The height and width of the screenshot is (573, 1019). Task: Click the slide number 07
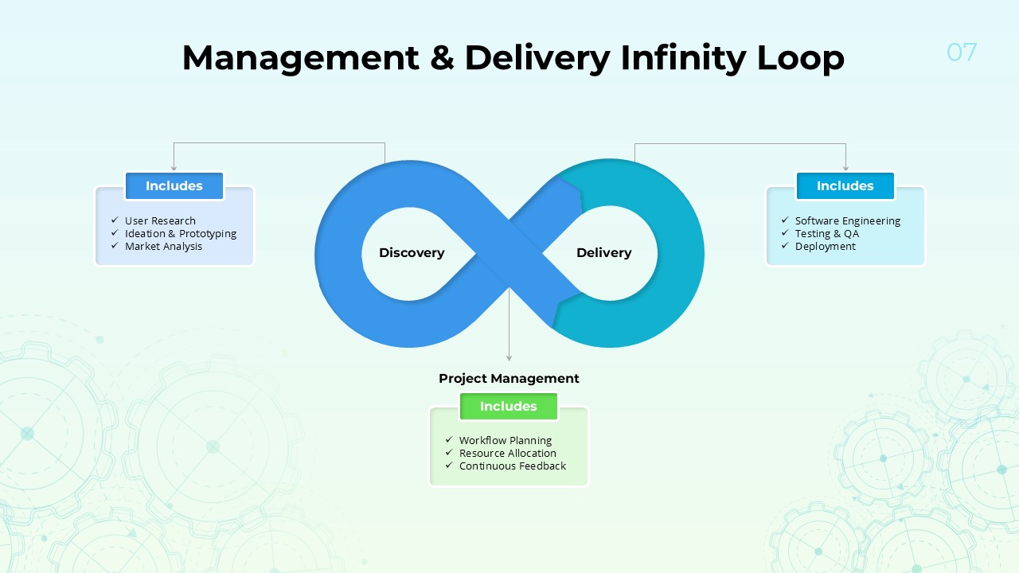click(962, 53)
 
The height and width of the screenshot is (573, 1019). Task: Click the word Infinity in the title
click(683, 58)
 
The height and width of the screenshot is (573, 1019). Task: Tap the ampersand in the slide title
click(442, 58)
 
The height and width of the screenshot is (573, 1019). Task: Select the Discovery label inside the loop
click(412, 253)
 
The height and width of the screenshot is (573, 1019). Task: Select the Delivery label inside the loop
click(603, 253)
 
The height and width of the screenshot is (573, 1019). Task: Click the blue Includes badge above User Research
click(174, 186)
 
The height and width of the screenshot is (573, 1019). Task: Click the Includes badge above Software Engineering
click(845, 186)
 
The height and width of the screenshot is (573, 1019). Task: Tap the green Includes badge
click(509, 407)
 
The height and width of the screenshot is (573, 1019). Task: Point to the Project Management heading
click(509, 379)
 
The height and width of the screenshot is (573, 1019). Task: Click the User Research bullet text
click(160, 221)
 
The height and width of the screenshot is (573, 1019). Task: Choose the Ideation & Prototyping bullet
click(181, 234)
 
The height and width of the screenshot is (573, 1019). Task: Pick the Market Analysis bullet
click(163, 247)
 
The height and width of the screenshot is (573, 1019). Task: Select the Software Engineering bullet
click(848, 221)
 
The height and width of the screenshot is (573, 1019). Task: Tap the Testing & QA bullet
click(827, 234)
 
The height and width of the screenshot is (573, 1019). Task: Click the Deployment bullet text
click(826, 247)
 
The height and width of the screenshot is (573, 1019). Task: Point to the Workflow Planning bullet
click(506, 441)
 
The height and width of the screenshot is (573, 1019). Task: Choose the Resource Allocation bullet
click(508, 454)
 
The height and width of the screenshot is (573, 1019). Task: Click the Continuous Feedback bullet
click(513, 466)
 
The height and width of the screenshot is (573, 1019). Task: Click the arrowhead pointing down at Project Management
click(509, 358)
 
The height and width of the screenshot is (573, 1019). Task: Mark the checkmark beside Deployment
click(783, 247)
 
